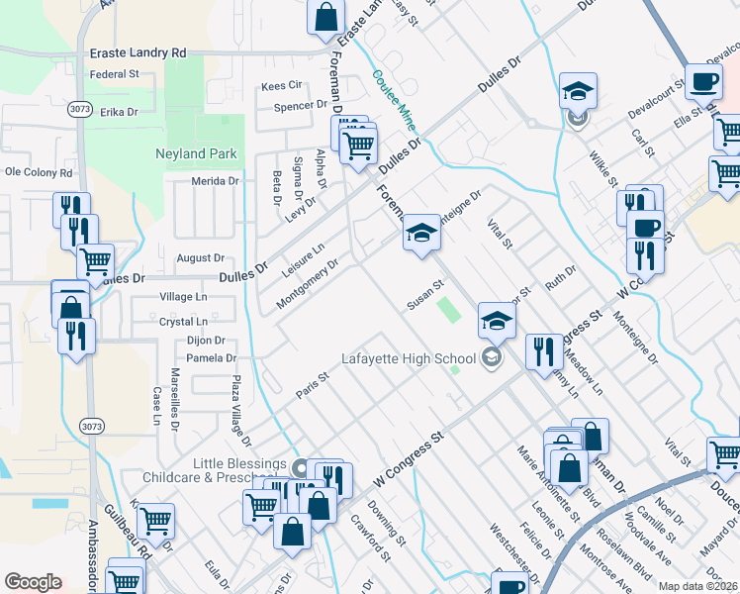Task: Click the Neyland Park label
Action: (x=195, y=153)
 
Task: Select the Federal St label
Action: (x=114, y=74)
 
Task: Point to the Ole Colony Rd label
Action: (x=40, y=171)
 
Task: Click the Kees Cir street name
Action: (x=280, y=86)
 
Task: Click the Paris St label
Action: (x=312, y=386)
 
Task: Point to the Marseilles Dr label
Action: (x=174, y=395)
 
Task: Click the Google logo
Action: (x=33, y=582)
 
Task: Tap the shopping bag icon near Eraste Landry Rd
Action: (x=325, y=17)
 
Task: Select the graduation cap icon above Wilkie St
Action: (x=578, y=91)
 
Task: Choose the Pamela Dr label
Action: (x=212, y=358)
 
